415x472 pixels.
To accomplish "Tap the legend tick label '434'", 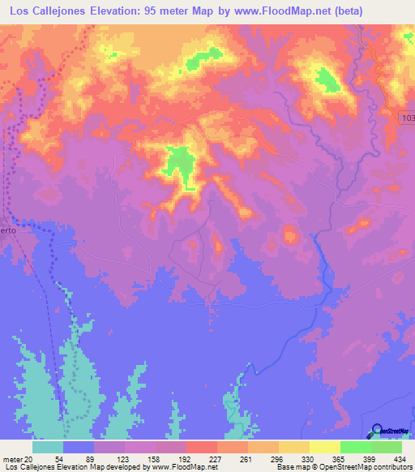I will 400,458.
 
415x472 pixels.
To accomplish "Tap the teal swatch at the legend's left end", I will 48,447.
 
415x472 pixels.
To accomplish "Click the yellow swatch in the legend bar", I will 324,447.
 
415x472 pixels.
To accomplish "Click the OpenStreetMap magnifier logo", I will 378,431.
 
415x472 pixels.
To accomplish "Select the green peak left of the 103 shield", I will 327,79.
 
